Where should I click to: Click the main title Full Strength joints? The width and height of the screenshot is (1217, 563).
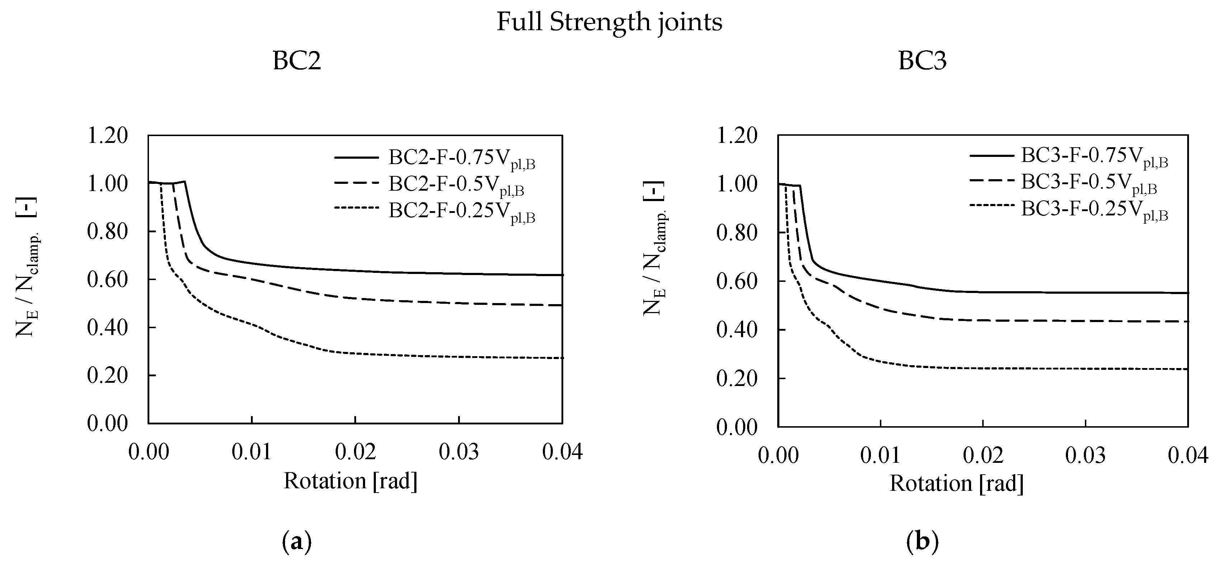point(609,22)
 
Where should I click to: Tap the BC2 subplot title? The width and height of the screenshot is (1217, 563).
point(297,61)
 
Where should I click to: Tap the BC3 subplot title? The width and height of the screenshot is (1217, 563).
point(922,61)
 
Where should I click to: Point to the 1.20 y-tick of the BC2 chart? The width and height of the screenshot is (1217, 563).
point(108,136)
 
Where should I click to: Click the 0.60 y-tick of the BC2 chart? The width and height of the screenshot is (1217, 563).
point(108,279)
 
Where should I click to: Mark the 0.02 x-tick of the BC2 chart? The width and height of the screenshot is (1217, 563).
point(355,452)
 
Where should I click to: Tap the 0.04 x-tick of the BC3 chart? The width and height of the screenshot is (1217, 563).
point(1187,456)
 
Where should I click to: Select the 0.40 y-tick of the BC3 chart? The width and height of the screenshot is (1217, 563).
point(737,330)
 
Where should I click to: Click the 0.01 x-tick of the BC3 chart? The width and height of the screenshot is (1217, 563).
point(880,456)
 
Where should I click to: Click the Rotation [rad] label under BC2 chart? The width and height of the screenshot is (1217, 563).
point(350,481)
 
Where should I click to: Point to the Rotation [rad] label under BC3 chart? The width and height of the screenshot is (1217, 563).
point(957,484)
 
